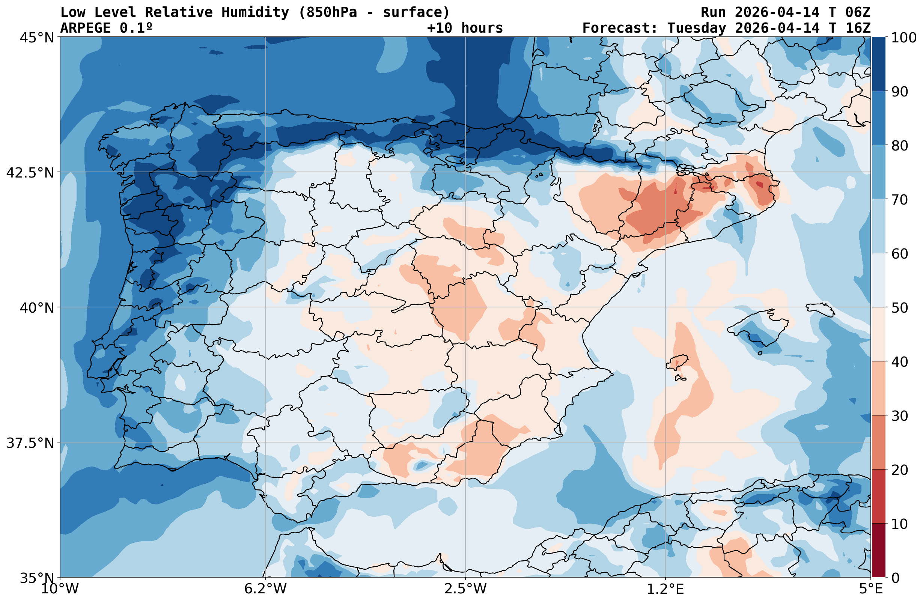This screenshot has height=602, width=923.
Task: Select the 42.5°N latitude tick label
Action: (x=30, y=173)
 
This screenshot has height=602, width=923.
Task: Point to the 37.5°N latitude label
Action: (x=30, y=443)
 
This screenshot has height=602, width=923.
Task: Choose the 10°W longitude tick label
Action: (x=60, y=589)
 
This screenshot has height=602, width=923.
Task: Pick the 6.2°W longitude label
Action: (x=265, y=589)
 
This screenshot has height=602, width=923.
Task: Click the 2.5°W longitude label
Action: (x=465, y=589)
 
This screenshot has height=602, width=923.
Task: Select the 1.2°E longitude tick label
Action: (x=665, y=589)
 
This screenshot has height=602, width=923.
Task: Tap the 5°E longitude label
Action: (x=871, y=589)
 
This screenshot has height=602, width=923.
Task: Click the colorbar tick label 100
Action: (x=903, y=38)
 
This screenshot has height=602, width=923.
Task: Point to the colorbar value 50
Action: (x=899, y=308)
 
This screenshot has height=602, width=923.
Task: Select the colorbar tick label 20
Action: (x=899, y=470)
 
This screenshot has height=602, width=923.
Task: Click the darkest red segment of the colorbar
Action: (x=878, y=551)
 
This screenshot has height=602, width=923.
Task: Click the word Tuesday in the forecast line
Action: (x=697, y=28)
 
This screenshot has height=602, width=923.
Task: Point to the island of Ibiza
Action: (x=677, y=362)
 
